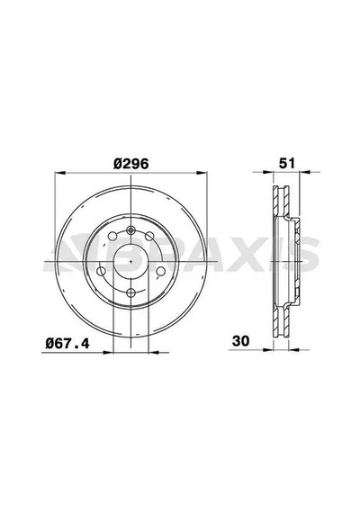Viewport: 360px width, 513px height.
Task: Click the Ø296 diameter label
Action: point(130,164)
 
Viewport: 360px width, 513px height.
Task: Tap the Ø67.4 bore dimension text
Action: point(67,343)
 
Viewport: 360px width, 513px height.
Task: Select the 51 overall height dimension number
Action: point(287,163)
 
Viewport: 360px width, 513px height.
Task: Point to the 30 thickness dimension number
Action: point(241,341)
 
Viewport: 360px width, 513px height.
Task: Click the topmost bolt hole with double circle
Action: point(130,230)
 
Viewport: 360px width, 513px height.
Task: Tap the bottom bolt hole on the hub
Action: point(130,292)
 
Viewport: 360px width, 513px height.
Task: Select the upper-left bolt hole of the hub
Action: point(112,236)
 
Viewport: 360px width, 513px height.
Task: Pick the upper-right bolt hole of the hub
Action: point(149,236)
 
